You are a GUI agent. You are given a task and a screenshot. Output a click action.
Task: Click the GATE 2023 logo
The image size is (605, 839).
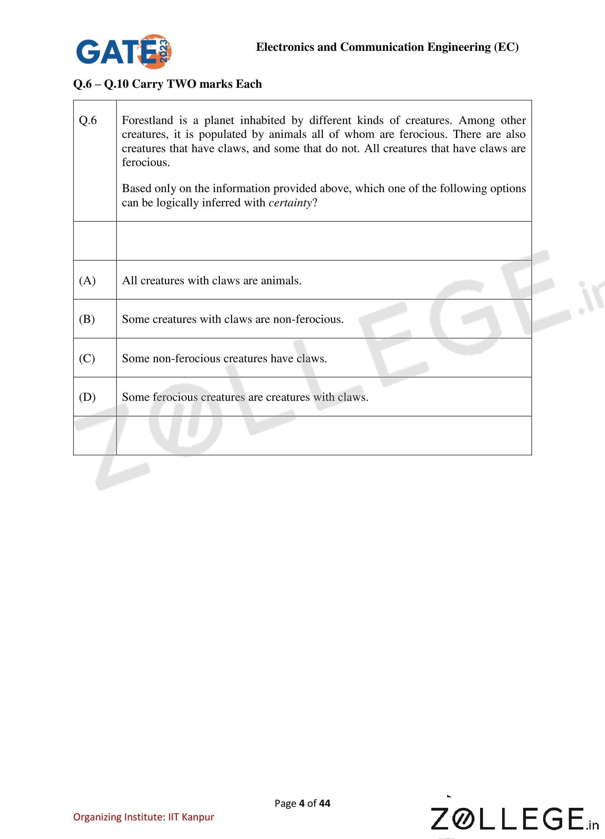pyautogui.click(x=124, y=52)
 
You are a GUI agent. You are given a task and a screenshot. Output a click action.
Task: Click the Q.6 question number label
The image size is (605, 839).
pyautogui.click(x=88, y=120)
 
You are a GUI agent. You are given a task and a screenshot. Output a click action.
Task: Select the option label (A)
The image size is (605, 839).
pyautogui.click(x=87, y=281)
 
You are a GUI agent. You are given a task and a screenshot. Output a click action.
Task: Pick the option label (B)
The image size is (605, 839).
pyautogui.click(x=87, y=319)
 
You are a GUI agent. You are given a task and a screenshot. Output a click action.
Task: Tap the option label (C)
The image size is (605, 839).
pyautogui.click(x=87, y=358)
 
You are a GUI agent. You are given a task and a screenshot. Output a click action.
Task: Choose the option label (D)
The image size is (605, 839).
pyautogui.click(x=87, y=397)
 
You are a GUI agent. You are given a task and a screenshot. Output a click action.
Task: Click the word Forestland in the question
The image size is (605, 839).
pyautogui.click(x=147, y=120)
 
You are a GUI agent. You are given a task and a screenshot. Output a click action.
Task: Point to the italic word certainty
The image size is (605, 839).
pyautogui.click(x=290, y=203)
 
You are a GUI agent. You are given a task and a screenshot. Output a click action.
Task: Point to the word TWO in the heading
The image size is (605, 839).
pyautogui.click(x=182, y=84)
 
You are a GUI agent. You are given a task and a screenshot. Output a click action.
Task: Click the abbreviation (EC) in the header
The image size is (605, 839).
pyautogui.click(x=506, y=47)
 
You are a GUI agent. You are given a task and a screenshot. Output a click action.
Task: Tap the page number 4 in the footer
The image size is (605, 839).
pyautogui.click(x=302, y=803)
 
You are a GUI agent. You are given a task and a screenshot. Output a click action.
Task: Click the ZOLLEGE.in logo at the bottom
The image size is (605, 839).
pyautogui.click(x=514, y=819)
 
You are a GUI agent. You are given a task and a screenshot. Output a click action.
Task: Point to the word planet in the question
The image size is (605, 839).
pyautogui.click(x=218, y=120)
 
